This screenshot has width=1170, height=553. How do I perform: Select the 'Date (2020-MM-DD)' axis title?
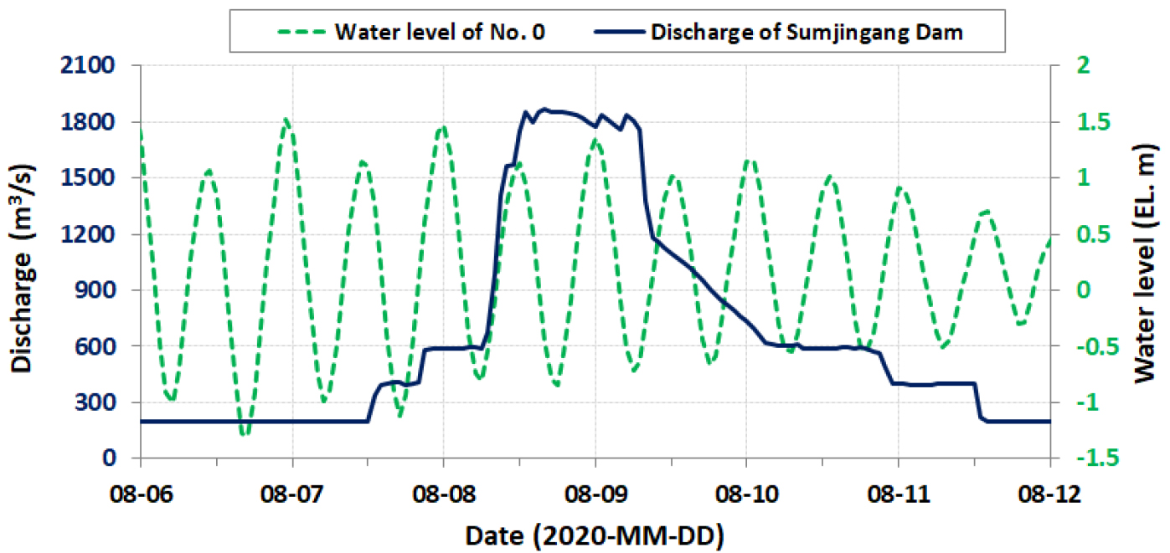point(595,532)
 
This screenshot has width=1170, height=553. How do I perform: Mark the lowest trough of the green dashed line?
point(244,434)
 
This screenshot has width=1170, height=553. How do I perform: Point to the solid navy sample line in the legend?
point(619,33)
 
